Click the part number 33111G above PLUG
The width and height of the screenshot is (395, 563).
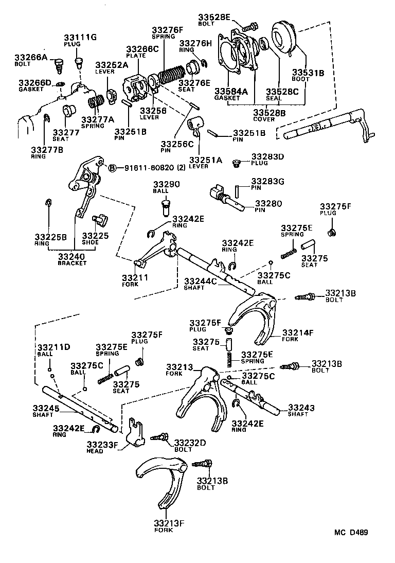[80, 37]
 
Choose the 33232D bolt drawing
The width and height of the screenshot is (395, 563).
[160, 437]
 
